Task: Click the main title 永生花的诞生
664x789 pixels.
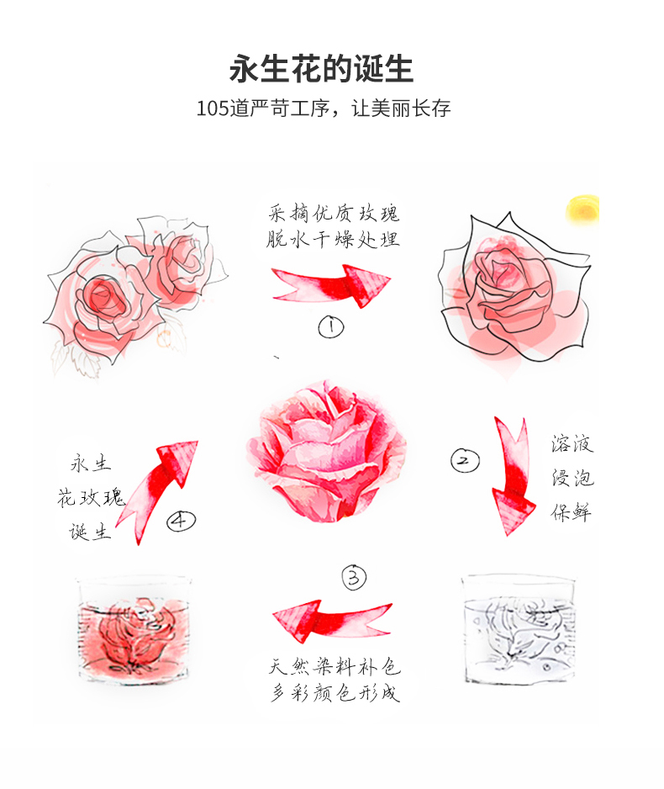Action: pos(321,68)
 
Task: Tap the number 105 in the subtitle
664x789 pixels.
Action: pos(212,109)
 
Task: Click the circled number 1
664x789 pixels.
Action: pos(331,327)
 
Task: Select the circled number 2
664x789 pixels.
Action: pos(465,460)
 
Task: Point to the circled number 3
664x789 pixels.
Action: pos(354,577)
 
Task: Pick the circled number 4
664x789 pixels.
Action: pos(181,521)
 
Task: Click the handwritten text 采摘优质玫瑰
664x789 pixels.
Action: pos(334,213)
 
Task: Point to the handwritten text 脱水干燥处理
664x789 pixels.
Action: pos(333,239)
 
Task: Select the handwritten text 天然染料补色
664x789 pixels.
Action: pos(335,667)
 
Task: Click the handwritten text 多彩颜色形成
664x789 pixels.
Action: pos(335,692)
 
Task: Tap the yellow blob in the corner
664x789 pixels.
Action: pos(583,209)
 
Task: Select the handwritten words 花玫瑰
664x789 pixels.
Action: pos(91,497)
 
